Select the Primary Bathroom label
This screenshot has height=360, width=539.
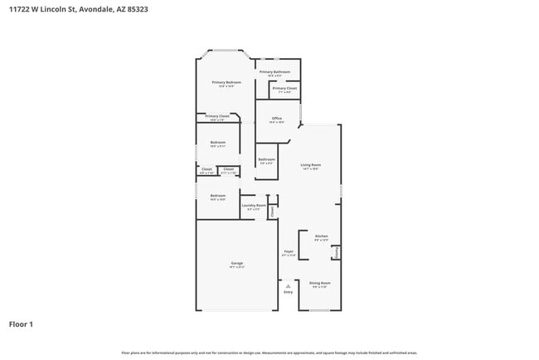pyautogui.click(x=274, y=72)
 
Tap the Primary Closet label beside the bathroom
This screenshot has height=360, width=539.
pyautogui.click(x=284, y=88)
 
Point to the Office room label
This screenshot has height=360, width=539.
pyautogui.click(x=277, y=119)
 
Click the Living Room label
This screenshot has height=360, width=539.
pyautogui.click(x=310, y=166)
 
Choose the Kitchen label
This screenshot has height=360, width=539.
pyautogui.click(x=321, y=236)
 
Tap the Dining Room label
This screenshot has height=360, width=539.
pyautogui.click(x=320, y=284)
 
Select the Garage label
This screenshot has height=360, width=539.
pyautogui.click(x=236, y=265)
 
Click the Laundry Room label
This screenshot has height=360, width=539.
pyautogui.click(x=254, y=206)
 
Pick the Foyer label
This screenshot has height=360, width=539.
pyautogui.click(x=289, y=252)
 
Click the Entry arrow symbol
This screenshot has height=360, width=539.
pyautogui.click(x=289, y=285)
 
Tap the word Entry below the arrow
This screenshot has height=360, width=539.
pyautogui.click(x=289, y=293)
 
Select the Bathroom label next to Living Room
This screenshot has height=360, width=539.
pyautogui.click(x=266, y=160)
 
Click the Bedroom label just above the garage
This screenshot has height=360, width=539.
pyautogui.click(x=217, y=197)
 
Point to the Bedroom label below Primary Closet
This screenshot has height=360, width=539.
pyautogui.click(x=217, y=143)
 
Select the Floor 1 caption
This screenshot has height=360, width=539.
pyautogui.click(x=21, y=324)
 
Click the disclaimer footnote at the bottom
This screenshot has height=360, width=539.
pyautogui.click(x=269, y=353)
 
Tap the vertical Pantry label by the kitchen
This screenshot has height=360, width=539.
pyautogui.click(x=336, y=250)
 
